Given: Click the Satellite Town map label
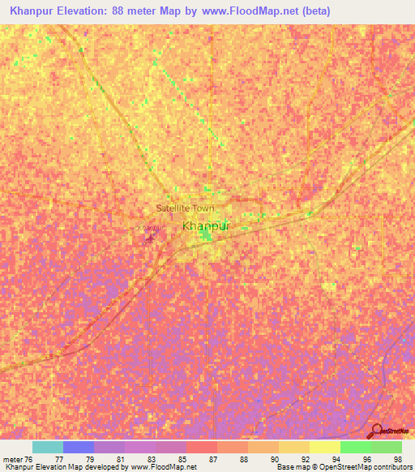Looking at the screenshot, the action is pyautogui.click(x=185, y=208).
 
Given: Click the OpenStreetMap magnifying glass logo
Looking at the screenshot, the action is pyautogui.click(x=376, y=431).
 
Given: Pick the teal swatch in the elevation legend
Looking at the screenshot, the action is pyautogui.click(x=47, y=447).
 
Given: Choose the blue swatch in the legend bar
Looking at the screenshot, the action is pyautogui.click(x=78, y=447).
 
